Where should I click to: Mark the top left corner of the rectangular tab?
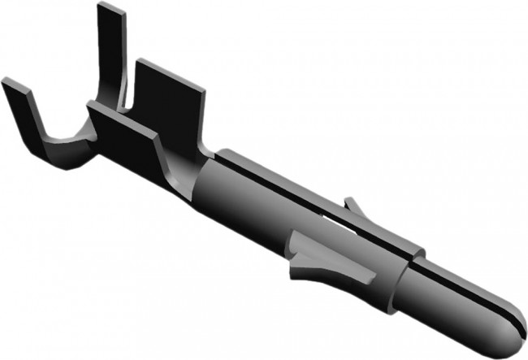[x=138, y=61]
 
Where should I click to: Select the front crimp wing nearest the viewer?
[x=130, y=142]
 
